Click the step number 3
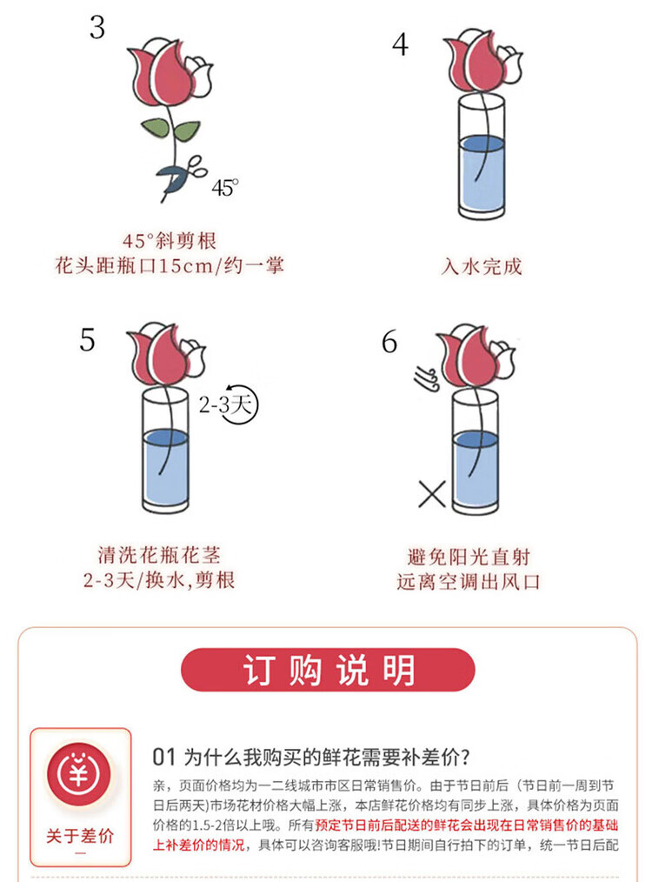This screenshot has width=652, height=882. [97, 28]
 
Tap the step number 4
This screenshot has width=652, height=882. [400, 44]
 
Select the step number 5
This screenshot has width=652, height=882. [87, 340]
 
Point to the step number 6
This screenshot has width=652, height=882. [389, 342]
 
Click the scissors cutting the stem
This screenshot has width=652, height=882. [181, 174]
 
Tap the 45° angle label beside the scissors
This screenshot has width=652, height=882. [225, 187]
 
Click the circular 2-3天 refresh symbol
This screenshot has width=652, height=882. [240, 404]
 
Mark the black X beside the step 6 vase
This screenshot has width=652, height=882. [432, 494]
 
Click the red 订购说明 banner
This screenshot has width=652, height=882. [328, 670]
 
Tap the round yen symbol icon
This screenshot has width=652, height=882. [79, 774]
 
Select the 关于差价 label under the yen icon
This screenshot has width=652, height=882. [80, 836]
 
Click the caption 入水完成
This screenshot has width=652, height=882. [482, 266]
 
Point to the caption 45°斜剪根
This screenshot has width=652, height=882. [170, 241]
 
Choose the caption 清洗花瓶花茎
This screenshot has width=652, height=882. [159, 555]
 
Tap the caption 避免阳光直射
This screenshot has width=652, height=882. [469, 557]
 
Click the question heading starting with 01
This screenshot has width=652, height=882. [311, 757]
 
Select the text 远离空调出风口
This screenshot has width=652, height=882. [469, 582]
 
